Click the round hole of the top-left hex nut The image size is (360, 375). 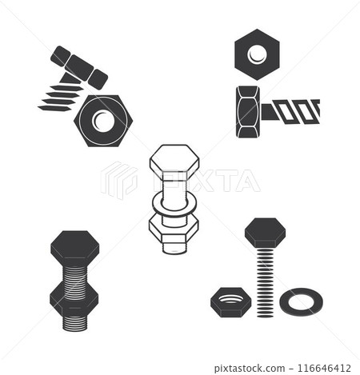point(102,121)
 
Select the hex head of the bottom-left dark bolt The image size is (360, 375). point(74,247)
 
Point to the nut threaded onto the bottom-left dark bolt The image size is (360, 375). point(74,297)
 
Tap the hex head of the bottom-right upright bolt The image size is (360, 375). point(264,232)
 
